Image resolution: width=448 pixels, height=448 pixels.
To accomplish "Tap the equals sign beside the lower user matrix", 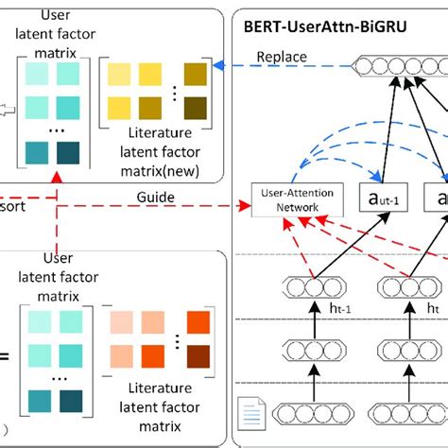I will (x=5, y=356).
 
